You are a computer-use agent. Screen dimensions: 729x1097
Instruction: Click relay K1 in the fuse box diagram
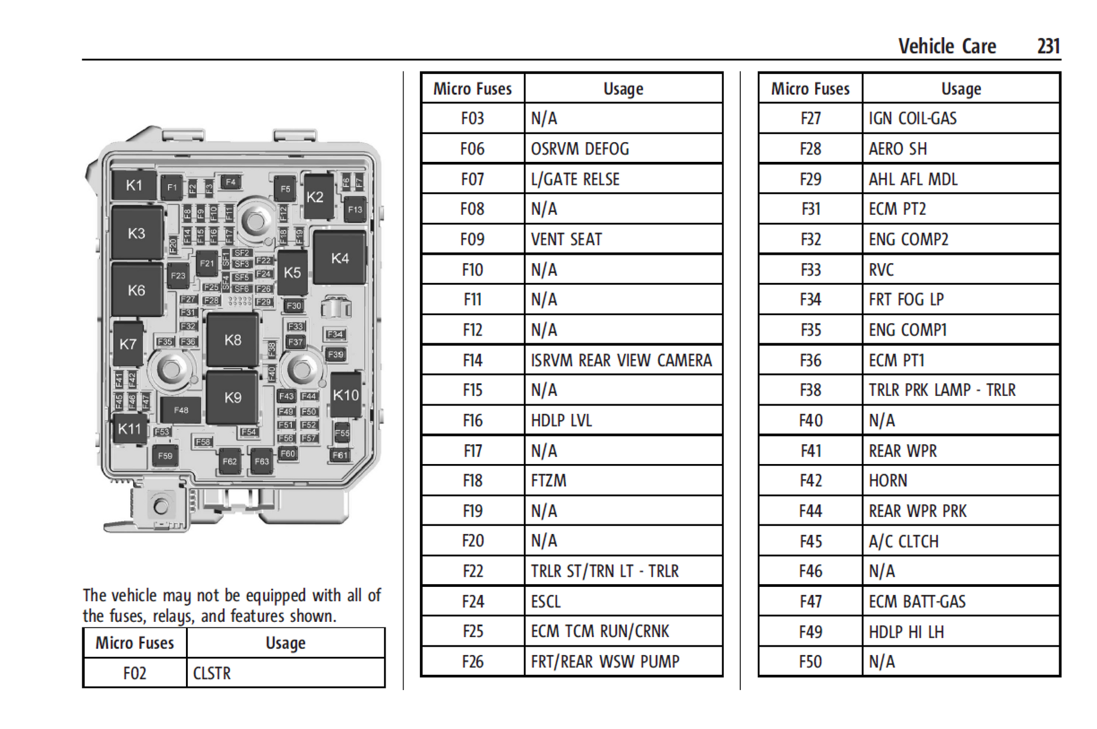(x=134, y=185)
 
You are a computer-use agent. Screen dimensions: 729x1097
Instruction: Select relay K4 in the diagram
(x=339, y=258)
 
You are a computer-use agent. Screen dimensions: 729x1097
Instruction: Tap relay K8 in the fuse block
(x=232, y=339)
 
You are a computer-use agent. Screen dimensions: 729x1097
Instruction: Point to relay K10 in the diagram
(x=346, y=395)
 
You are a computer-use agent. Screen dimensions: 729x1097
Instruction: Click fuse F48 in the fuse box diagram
(x=180, y=410)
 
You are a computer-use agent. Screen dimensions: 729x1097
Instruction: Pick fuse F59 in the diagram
(x=165, y=456)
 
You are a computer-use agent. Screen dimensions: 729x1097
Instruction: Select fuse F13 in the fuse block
(x=355, y=209)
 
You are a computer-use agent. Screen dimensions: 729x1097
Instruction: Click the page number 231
(x=1048, y=46)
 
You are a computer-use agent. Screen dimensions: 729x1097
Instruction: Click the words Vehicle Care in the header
(x=946, y=46)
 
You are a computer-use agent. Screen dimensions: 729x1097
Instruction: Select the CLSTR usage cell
(x=212, y=673)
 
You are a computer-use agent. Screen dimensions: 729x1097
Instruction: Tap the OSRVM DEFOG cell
(x=580, y=149)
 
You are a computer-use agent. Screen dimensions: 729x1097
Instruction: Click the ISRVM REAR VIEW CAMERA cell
(x=621, y=360)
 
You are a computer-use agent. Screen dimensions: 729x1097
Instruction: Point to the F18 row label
(x=472, y=481)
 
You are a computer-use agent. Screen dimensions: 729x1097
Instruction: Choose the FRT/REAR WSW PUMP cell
(x=605, y=661)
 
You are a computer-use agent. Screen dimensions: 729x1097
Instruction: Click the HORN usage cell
(x=888, y=481)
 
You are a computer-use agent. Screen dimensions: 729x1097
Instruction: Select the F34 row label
(x=810, y=299)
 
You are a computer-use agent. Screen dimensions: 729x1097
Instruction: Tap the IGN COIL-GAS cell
(x=912, y=118)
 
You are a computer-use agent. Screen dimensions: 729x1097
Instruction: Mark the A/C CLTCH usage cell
(x=903, y=541)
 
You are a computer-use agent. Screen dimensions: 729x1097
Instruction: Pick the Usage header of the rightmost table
(x=961, y=89)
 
